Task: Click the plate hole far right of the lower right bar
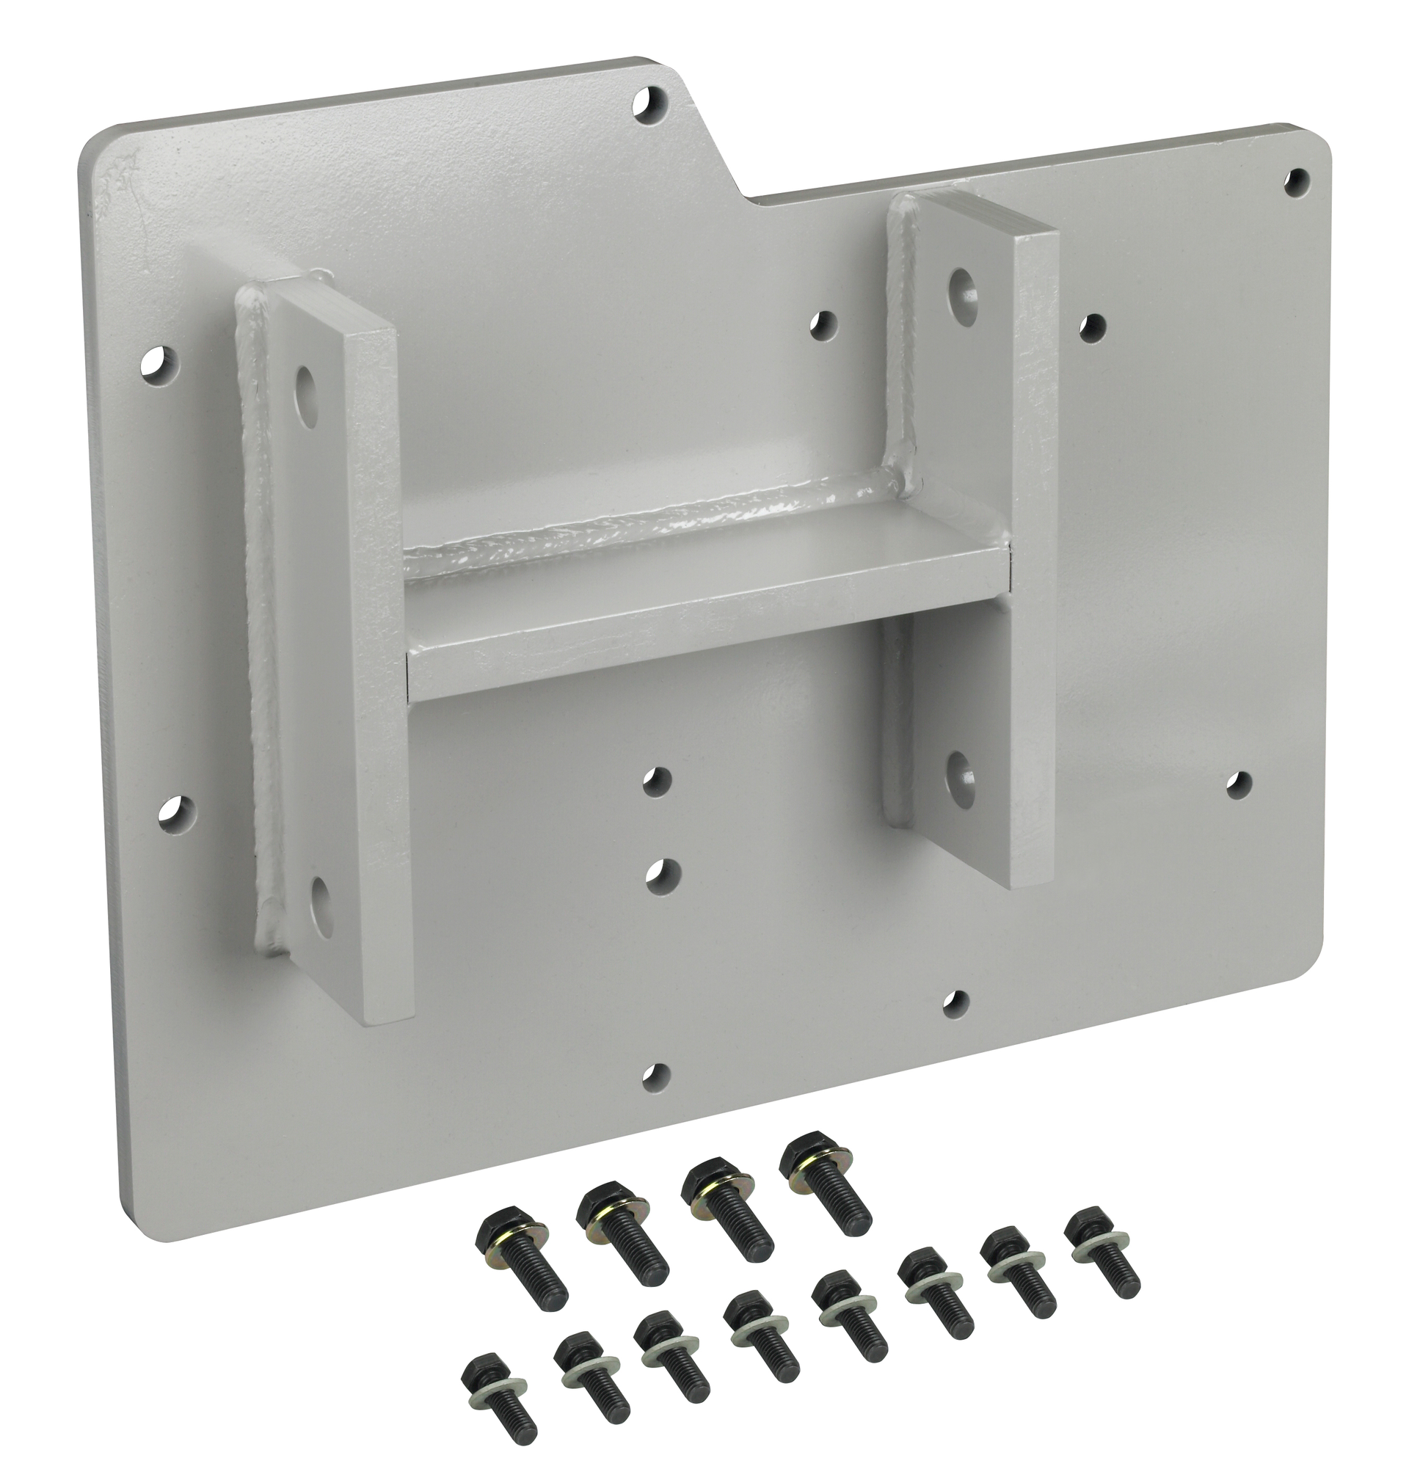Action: coord(1237,784)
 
